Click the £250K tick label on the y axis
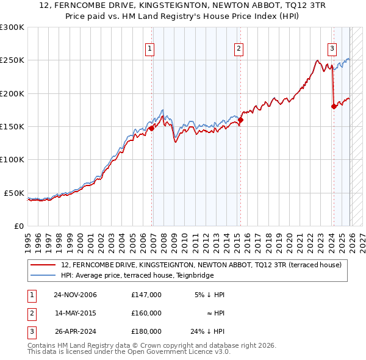[x=12, y=60]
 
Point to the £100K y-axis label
[x=12, y=159]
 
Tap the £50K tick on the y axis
[x=15, y=193]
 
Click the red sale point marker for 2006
[x=152, y=128]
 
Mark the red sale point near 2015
[x=240, y=120]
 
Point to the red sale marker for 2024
[x=334, y=107]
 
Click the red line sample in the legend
[x=43, y=265]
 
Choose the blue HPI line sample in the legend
[x=43, y=275]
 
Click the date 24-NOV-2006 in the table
[x=75, y=295]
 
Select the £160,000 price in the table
[x=146, y=313]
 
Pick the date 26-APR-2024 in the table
[x=75, y=331]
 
